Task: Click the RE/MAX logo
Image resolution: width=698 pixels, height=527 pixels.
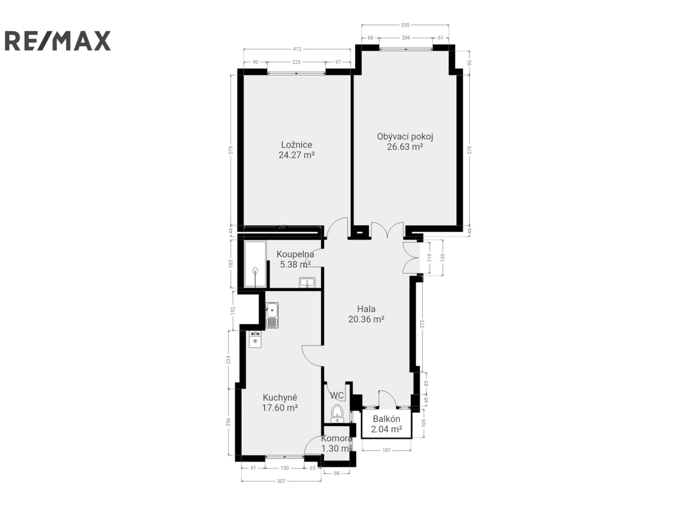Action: (x=58, y=41)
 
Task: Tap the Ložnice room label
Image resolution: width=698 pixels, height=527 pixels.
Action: (x=297, y=145)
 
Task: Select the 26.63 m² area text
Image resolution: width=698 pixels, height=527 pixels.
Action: (x=405, y=146)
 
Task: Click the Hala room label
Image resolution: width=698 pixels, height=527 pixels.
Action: (x=366, y=309)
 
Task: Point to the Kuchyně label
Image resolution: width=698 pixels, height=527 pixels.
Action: (x=280, y=398)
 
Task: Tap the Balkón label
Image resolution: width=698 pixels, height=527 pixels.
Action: (x=386, y=419)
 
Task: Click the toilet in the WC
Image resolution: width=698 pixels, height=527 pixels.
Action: (x=337, y=414)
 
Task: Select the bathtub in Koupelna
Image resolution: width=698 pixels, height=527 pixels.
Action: (x=255, y=264)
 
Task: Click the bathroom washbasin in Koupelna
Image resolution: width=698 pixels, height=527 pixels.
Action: (x=307, y=282)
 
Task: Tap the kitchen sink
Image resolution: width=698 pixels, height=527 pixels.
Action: (x=272, y=315)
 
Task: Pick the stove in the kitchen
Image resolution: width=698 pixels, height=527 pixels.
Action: (x=255, y=339)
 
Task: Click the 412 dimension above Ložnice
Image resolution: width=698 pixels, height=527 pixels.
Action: (x=297, y=49)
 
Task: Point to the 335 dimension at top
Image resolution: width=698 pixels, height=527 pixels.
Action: (x=405, y=25)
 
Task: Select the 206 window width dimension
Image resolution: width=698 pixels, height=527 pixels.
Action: (x=406, y=38)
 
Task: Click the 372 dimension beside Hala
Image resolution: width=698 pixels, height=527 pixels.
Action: (x=422, y=324)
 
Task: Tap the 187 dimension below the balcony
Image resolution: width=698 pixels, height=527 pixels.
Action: (x=386, y=450)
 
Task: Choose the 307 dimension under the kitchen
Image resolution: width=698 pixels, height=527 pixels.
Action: (x=281, y=481)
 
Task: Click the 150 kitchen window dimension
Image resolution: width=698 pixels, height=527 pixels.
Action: (x=284, y=468)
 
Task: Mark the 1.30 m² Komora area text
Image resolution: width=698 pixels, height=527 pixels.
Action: (x=337, y=448)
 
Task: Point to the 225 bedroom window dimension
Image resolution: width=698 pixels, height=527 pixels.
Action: (x=296, y=62)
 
